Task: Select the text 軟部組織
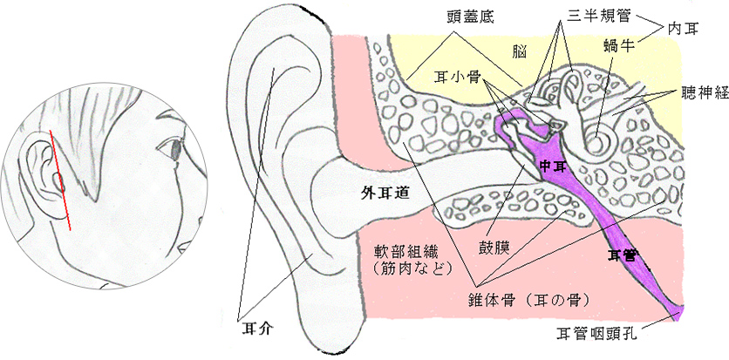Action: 399,252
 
